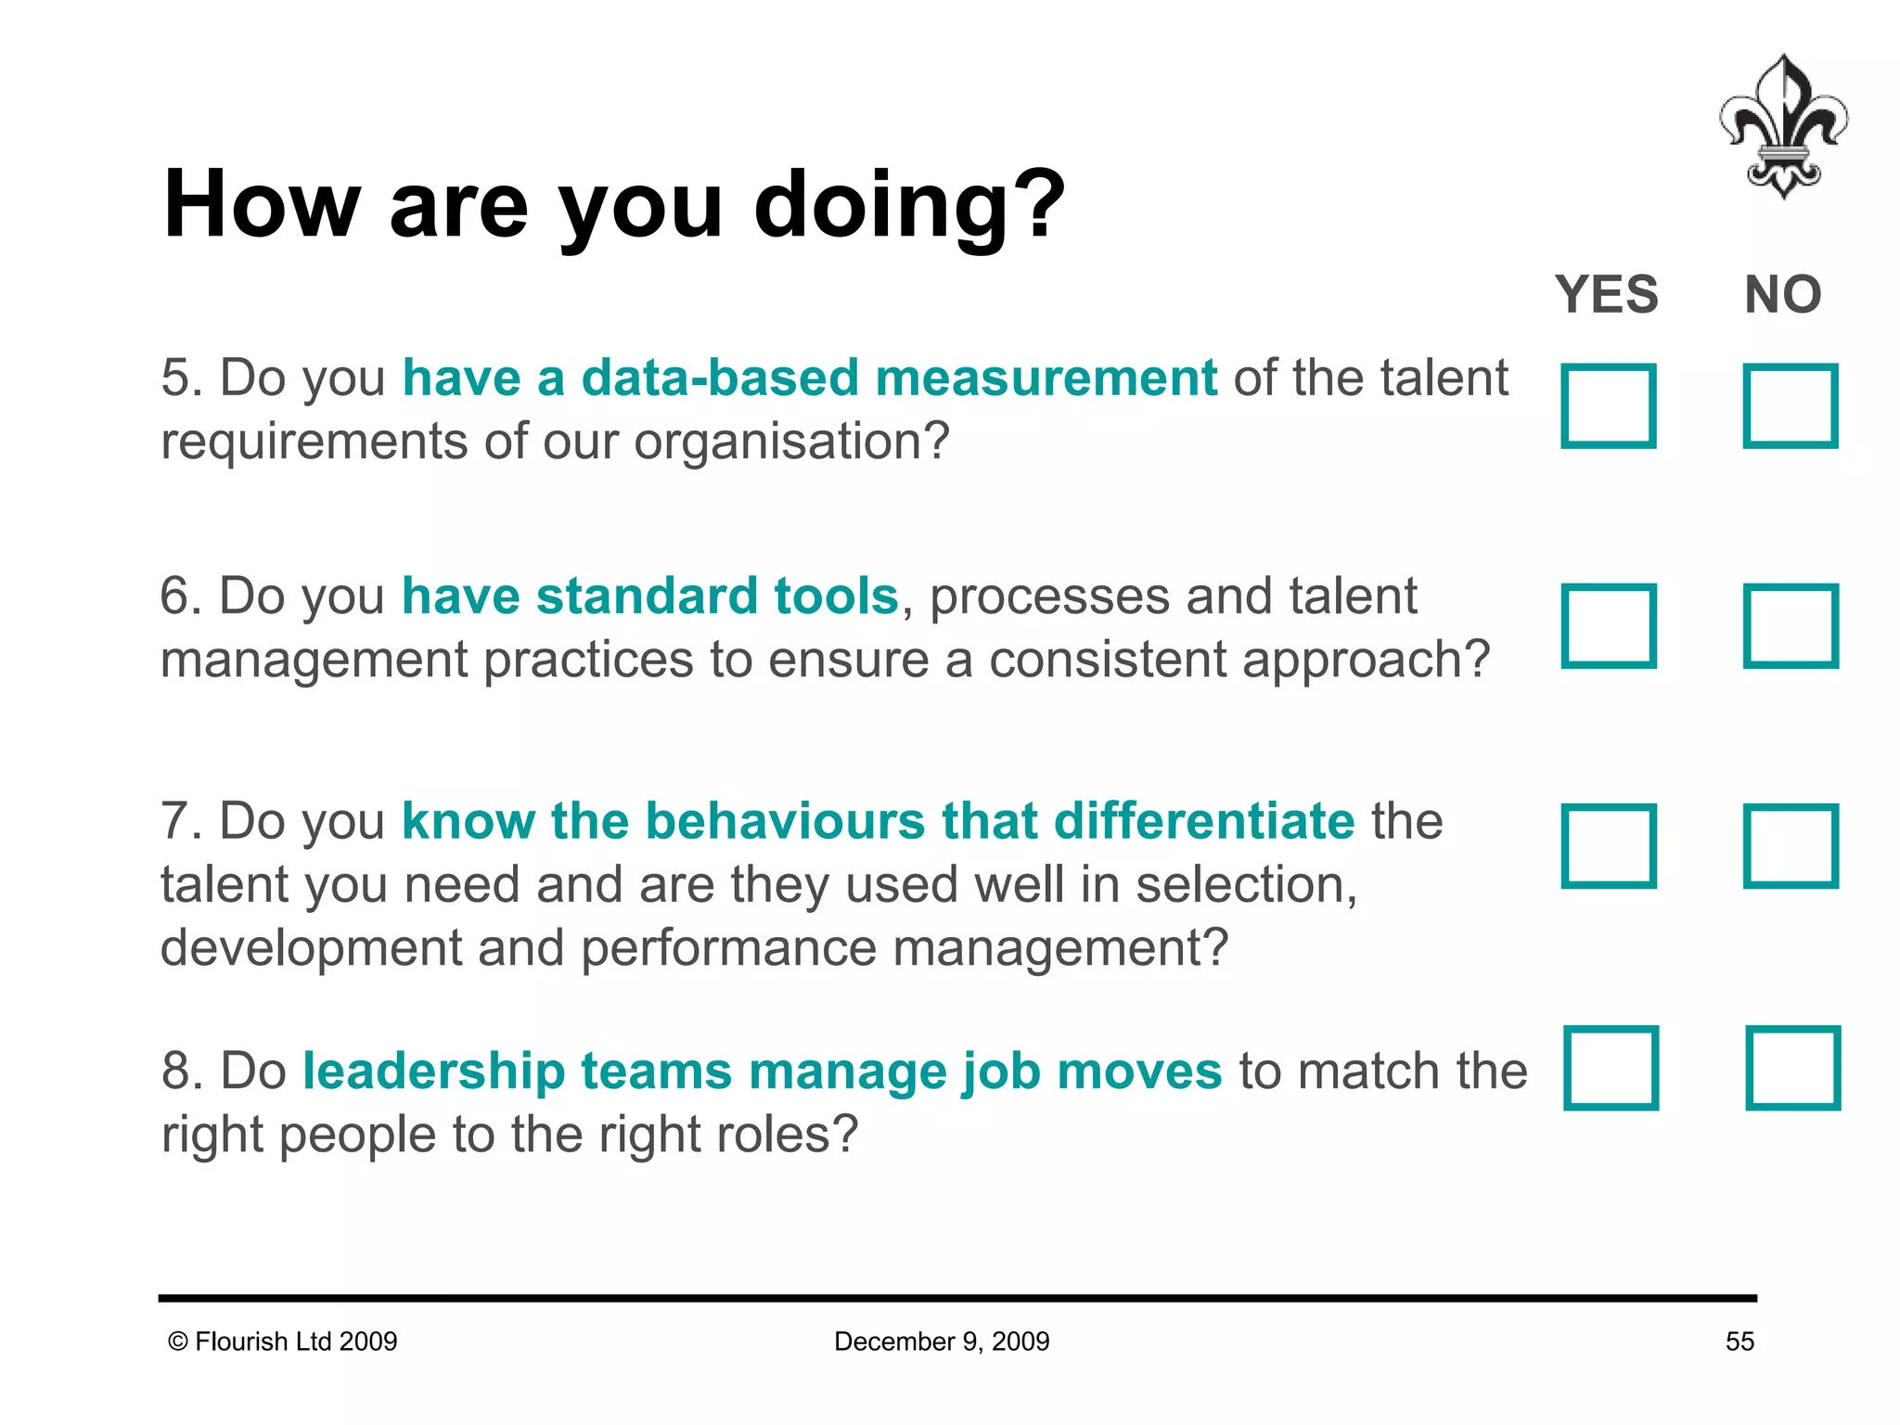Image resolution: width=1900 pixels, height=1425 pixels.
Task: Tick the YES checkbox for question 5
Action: click(x=1609, y=406)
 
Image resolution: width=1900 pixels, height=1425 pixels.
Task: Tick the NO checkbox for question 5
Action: click(x=1791, y=406)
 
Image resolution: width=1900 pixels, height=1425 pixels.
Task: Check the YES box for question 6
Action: click(x=1609, y=626)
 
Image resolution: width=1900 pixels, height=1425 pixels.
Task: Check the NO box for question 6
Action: click(x=1791, y=626)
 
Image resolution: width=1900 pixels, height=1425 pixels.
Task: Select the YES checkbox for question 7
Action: click(x=1609, y=846)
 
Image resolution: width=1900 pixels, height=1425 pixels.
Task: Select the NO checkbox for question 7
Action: click(x=1791, y=846)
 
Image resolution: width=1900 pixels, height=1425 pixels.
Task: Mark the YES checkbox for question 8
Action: click(x=1611, y=1068)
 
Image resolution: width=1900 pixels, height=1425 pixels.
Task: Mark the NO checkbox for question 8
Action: click(x=1792, y=1068)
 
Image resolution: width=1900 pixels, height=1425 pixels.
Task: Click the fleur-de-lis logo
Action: click(x=1783, y=127)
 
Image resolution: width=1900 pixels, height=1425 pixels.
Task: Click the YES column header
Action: click(x=1607, y=295)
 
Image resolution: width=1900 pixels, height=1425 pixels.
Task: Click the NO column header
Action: click(x=1782, y=295)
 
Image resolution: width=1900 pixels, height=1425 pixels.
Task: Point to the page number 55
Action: click(x=1740, y=1342)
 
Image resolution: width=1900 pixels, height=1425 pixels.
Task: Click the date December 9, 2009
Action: click(x=942, y=1342)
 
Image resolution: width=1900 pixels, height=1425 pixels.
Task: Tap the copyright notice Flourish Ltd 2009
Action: click(x=283, y=1342)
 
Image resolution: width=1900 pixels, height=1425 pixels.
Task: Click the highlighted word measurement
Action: click(x=1046, y=379)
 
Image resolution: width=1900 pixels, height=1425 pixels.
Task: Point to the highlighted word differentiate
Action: click(x=1204, y=822)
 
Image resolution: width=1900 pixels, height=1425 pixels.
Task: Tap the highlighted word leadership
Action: click(x=434, y=1072)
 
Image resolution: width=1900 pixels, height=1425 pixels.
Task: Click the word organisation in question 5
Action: click(x=782, y=442)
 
